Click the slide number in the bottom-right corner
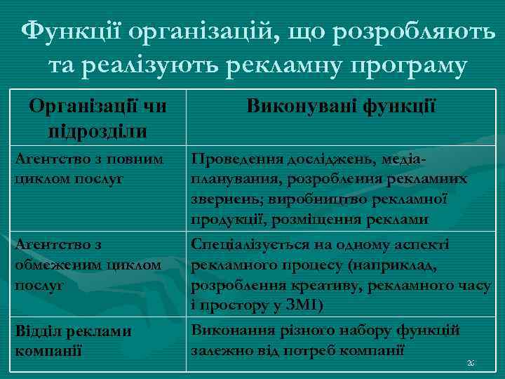(x=470, y=364)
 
